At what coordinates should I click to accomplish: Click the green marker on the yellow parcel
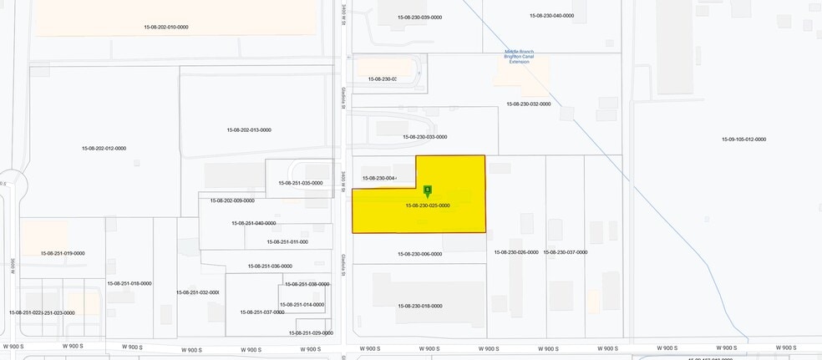(428, 190)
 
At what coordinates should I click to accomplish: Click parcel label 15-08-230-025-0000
(428, 205)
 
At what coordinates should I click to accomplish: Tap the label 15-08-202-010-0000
(166, 28)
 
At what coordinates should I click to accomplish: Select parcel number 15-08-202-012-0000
(104, 149)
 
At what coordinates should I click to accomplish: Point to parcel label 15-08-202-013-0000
(249, 130)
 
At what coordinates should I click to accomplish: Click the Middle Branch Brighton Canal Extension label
(520, 56)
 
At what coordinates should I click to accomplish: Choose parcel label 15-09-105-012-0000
(743, 139)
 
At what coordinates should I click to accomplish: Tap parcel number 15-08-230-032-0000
(529, 104)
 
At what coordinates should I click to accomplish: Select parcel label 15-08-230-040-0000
(551, 16)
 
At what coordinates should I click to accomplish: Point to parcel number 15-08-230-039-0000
(420, 18)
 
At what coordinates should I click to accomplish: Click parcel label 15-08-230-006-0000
(420, 254)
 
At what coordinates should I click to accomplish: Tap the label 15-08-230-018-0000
(420, 307)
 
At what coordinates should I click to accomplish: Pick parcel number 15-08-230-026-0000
(516, 252)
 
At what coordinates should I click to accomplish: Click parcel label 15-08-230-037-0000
(566, 252)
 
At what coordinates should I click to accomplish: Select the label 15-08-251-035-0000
(301, 183)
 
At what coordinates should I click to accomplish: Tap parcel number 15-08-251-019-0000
(63, 253)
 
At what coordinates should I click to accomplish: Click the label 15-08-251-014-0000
(302, 305)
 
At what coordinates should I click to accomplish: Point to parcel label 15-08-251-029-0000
(311, 333)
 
